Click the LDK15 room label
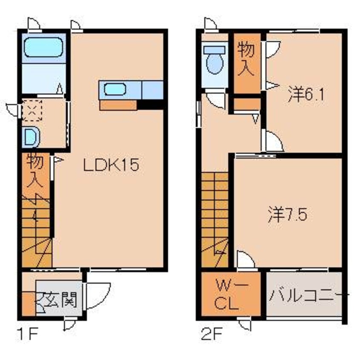click(x=111, y=165)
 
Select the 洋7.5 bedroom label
click(x=288, y=214)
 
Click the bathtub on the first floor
click(x=43, y=47)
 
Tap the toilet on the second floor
click(x=214, y=60)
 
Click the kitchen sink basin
click(x=115, y=89)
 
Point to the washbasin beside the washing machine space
click(x=31, y=137)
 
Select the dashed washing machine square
click(x=32, y=111)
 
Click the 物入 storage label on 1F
click(x=35, y=171)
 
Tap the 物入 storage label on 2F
click(x=246, y=60)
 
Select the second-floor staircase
click(x=215, y=220)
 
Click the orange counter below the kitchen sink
click(x=118, y=105)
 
